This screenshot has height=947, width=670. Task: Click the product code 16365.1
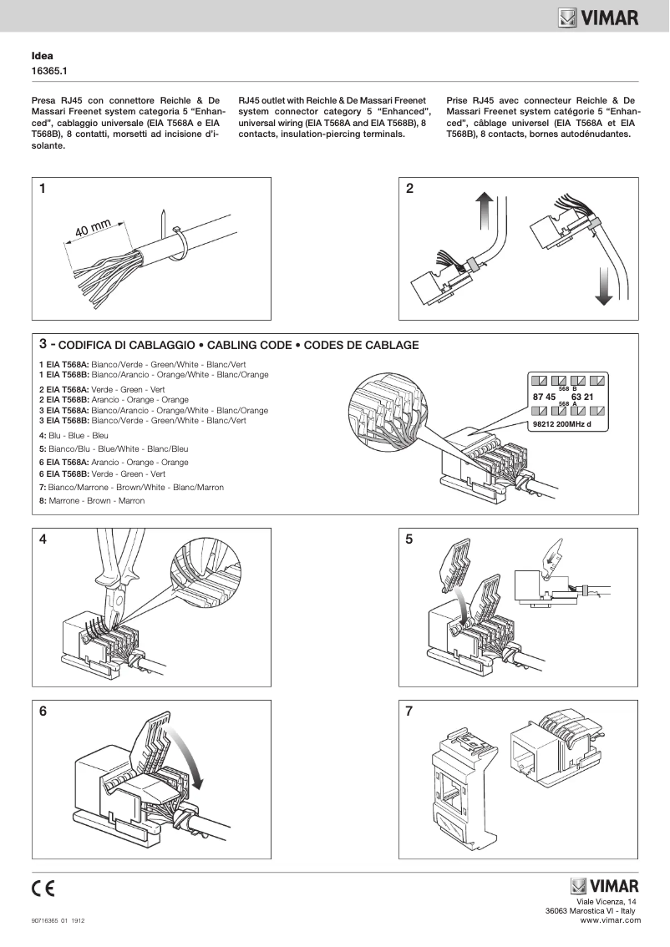click(48, 72)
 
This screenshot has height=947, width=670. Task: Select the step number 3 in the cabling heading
click(43, 343)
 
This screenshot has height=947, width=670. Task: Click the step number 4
click(43, 539)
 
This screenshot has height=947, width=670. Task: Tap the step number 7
click(409, 712)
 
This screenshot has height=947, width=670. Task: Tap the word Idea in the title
click(42, 56)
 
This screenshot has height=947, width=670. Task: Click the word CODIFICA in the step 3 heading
click(87, 345)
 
